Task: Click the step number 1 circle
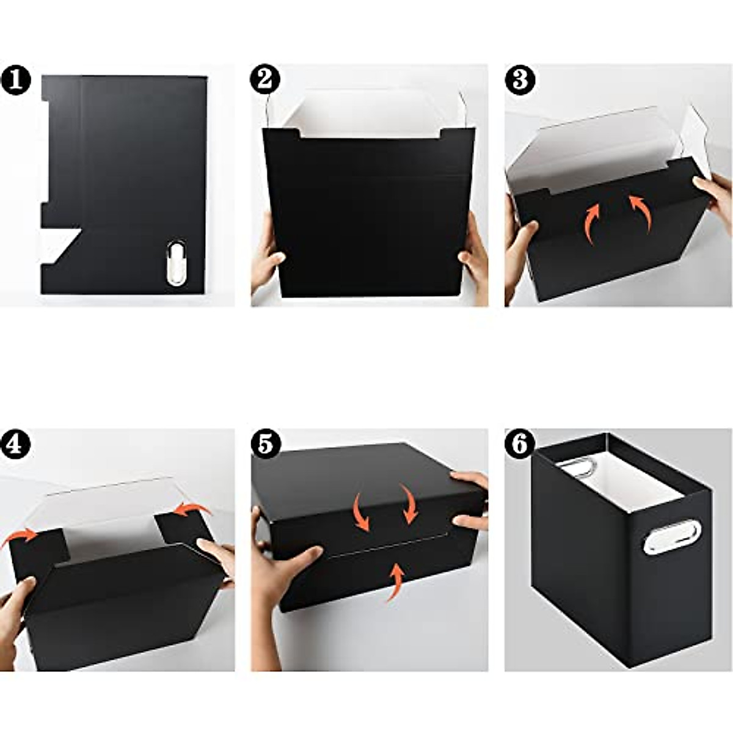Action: (16, 81)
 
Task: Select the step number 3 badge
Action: (520, 79)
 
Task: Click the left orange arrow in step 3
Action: (591, 223)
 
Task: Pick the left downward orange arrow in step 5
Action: (360, 512)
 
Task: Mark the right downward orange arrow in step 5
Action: (408, 502)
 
